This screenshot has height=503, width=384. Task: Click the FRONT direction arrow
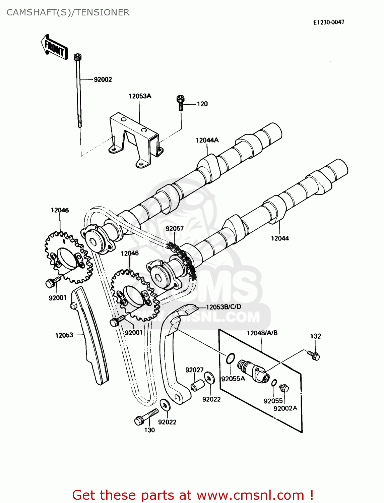[54, 48]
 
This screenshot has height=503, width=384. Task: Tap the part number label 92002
[103, 79]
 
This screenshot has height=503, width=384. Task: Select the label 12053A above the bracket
[140, 96]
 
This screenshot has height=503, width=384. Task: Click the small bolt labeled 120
[181, 102]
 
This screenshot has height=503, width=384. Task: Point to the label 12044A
[207, 140]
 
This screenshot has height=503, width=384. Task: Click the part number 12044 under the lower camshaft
[280, 238]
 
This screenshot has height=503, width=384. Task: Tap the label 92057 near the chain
[175, 229]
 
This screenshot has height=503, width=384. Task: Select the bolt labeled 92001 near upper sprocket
[52, 283]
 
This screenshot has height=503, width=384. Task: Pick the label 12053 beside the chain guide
[64, 335]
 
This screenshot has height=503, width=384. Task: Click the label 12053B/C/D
[223, 307]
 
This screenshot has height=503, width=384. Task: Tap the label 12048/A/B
[262, 333]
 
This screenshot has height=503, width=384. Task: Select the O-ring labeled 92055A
[230, 358]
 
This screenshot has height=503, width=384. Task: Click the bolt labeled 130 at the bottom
[144, 417]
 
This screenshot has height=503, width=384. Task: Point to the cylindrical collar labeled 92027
[197, 385]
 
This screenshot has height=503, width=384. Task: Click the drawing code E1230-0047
[329, 22]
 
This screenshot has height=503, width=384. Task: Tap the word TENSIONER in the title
[103, 12]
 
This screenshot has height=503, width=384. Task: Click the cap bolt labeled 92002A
[284, 388]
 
